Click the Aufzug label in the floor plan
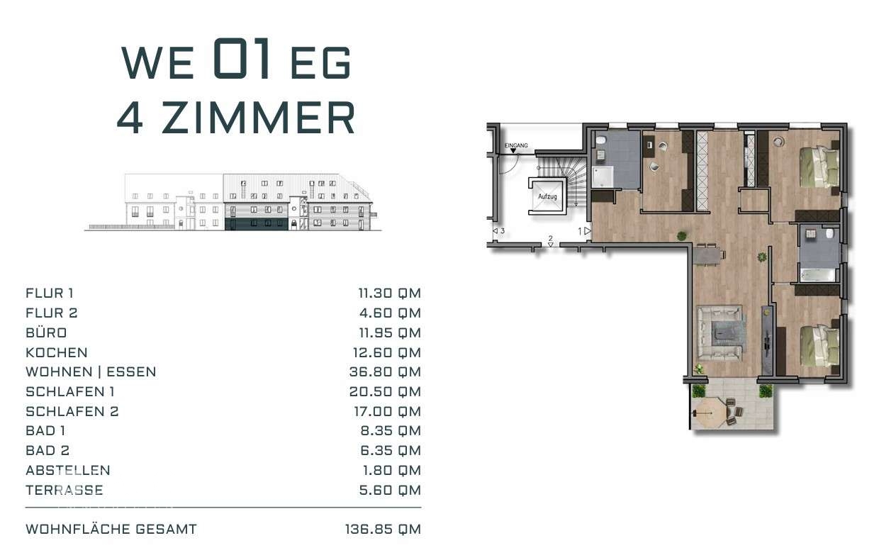click(547, 196)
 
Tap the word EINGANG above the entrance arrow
click(516, 145)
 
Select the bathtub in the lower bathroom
click(817, 275)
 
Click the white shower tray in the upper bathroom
click(603, 177)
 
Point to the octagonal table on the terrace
click(708, 413)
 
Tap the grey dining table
click(709, 255)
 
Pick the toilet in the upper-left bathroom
click(601, 140)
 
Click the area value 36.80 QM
click(385, 371)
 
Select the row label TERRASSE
click(65, 490)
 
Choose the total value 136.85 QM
click(383, 529)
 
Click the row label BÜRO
click(46, 332)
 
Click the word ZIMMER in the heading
click(258, 118)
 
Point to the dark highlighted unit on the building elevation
click(256, 224)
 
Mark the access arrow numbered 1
click(587, 231)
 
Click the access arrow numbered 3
click(496, 231)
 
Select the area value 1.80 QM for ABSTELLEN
click(391, 470)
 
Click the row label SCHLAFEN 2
click(72, 411)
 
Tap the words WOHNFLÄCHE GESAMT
click(111, 529)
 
